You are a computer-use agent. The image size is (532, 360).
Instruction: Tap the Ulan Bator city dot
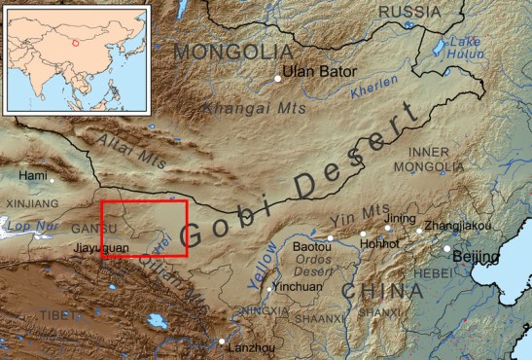point(279,78)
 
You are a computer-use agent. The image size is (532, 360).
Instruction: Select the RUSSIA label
point(408,12)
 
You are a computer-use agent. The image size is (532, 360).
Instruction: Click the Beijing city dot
point(448,249)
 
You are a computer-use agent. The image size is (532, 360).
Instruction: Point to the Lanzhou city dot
point(223,341)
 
